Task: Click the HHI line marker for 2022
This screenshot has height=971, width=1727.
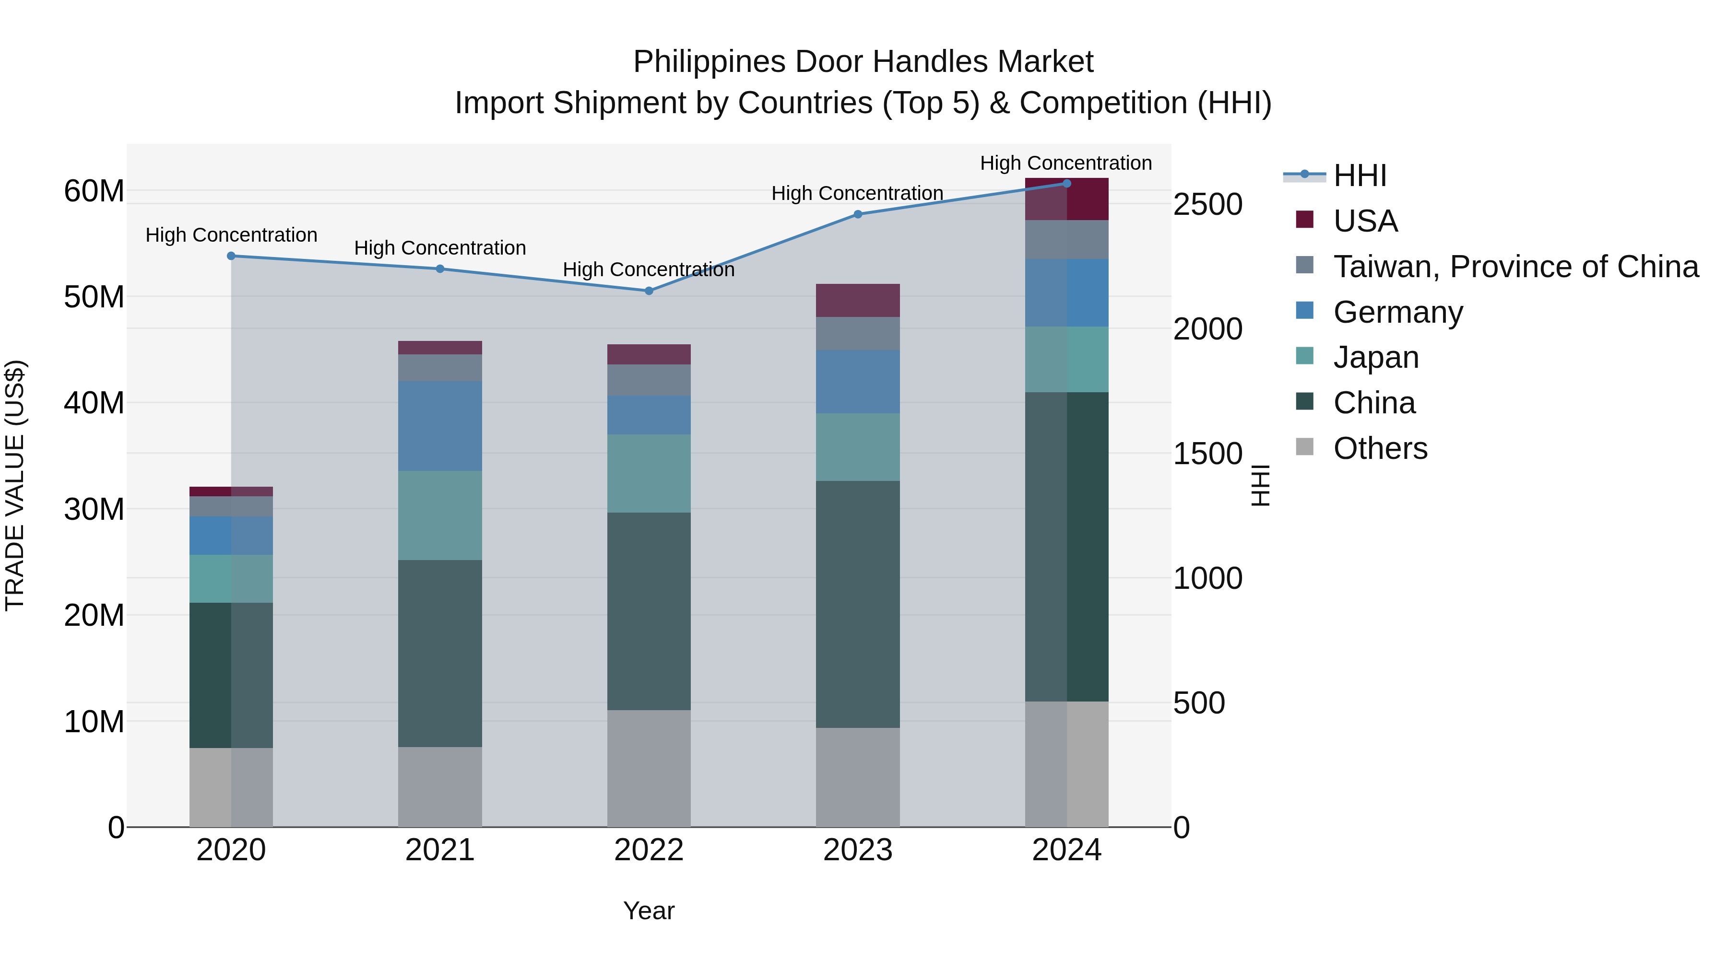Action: (648, 291)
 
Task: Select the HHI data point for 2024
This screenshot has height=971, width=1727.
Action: (1066, 184)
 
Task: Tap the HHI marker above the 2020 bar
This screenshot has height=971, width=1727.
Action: (231, 256)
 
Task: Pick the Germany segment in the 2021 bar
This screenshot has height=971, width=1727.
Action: (440, 426)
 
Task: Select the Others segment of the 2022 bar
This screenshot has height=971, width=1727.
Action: (648, 768)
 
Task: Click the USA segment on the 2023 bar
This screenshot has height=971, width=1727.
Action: (857, 300)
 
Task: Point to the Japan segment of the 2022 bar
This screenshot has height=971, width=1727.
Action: (648, 474)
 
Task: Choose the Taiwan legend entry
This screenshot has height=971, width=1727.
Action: (1515, 267)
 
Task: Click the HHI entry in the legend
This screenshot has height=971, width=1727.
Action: (1360, 175)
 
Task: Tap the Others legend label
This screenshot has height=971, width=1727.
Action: (1380, 448)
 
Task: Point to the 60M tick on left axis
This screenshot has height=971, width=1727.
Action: (94, 191)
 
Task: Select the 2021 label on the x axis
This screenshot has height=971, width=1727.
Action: (440, 850)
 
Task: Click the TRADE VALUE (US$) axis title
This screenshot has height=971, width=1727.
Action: (15, 485)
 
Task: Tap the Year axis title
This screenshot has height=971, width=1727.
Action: (648, 911)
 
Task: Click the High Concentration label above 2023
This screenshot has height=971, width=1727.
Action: (857, 193)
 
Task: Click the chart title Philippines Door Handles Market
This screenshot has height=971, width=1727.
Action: (863, 62)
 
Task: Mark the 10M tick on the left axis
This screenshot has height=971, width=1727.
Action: (94, 722)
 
